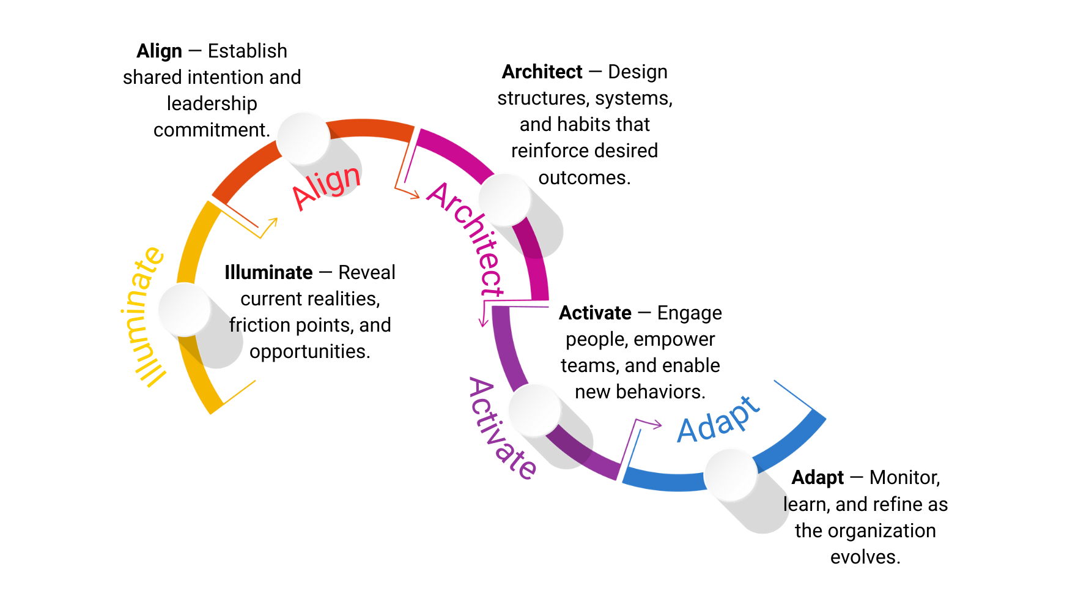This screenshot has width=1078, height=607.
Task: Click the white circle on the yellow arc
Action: [x=184, y=309]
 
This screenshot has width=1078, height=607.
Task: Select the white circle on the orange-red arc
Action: [x=303, y=138]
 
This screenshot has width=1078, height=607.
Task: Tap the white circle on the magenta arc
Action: [x=504, y=199]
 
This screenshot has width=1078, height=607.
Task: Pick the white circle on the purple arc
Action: [x=534, y=410]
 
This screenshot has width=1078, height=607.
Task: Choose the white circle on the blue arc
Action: [x=730, y=474]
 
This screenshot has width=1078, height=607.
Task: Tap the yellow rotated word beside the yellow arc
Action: [x=142, y=318]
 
